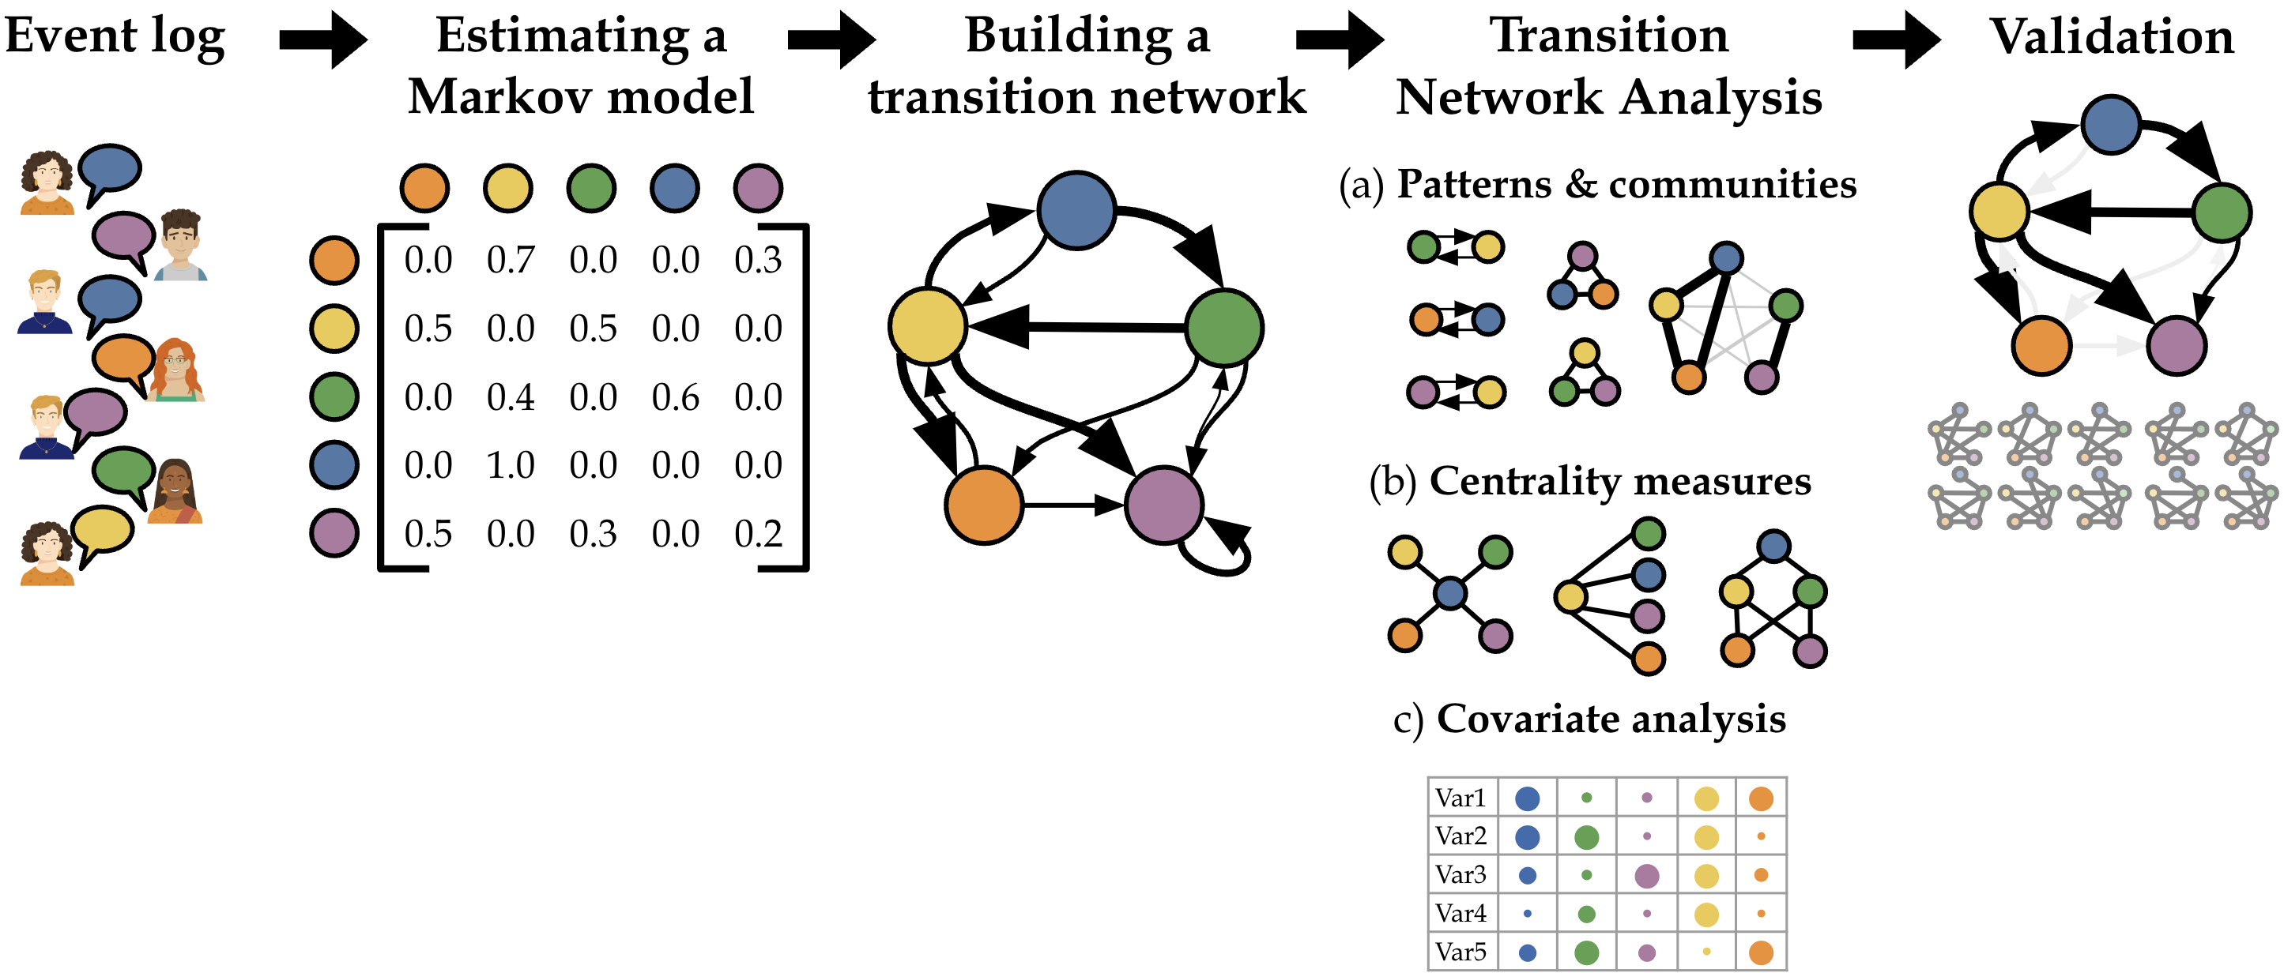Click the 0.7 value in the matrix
[x=511, y=261]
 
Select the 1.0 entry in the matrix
[x=511, y=465]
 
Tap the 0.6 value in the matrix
[x=676, y=397]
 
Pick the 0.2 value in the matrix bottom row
[x=758, y=533]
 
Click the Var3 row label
[x=1460, y=874]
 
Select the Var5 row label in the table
[x=1460, y=952]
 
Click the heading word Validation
[x=2112, y=37]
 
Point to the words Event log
[x=115, y=37]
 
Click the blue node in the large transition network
[x=1076, y=211]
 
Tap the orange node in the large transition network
[x=984, y=505]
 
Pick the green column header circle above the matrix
[x=591, y=188]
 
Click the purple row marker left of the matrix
[x=334, y=533]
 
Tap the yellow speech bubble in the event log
[x=102, y=531]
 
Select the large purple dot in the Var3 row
[x=1646, y=876]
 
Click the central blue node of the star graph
[x=1449, y=593]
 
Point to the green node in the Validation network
[x=2222, y=212]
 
